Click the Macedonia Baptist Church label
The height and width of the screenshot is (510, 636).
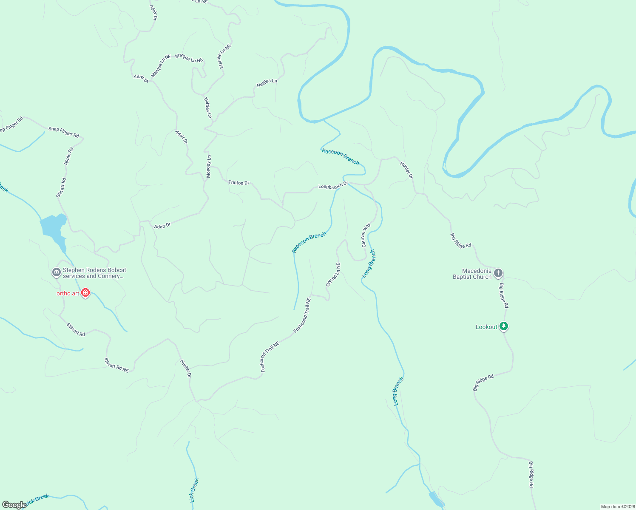[472, 274]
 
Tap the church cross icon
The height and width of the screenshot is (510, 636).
[498, 273]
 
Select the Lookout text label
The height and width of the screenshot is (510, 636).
[486, 327]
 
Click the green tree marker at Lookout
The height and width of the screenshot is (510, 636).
[504, 326]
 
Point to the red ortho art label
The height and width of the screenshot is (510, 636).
[68, 293]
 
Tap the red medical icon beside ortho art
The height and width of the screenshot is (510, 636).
[85, 292]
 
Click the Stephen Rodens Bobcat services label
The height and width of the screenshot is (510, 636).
[94, 273]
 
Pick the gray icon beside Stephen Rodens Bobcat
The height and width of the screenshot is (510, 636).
[56, 272]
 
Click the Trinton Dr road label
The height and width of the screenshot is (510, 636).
[239, 183]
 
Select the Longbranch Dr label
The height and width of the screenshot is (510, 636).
[333, 186]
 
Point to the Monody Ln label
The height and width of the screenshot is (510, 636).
[209, 166]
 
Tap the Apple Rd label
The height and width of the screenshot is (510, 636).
[69, 156]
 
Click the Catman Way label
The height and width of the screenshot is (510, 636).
[366, 235]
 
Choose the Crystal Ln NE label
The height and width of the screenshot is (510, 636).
[333, 275]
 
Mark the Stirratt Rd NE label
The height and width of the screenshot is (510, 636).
[116, 365]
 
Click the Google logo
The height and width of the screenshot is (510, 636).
[14, 505]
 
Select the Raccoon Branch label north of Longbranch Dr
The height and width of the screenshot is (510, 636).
[341, 157]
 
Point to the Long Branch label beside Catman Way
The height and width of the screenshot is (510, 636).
[369, 264]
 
